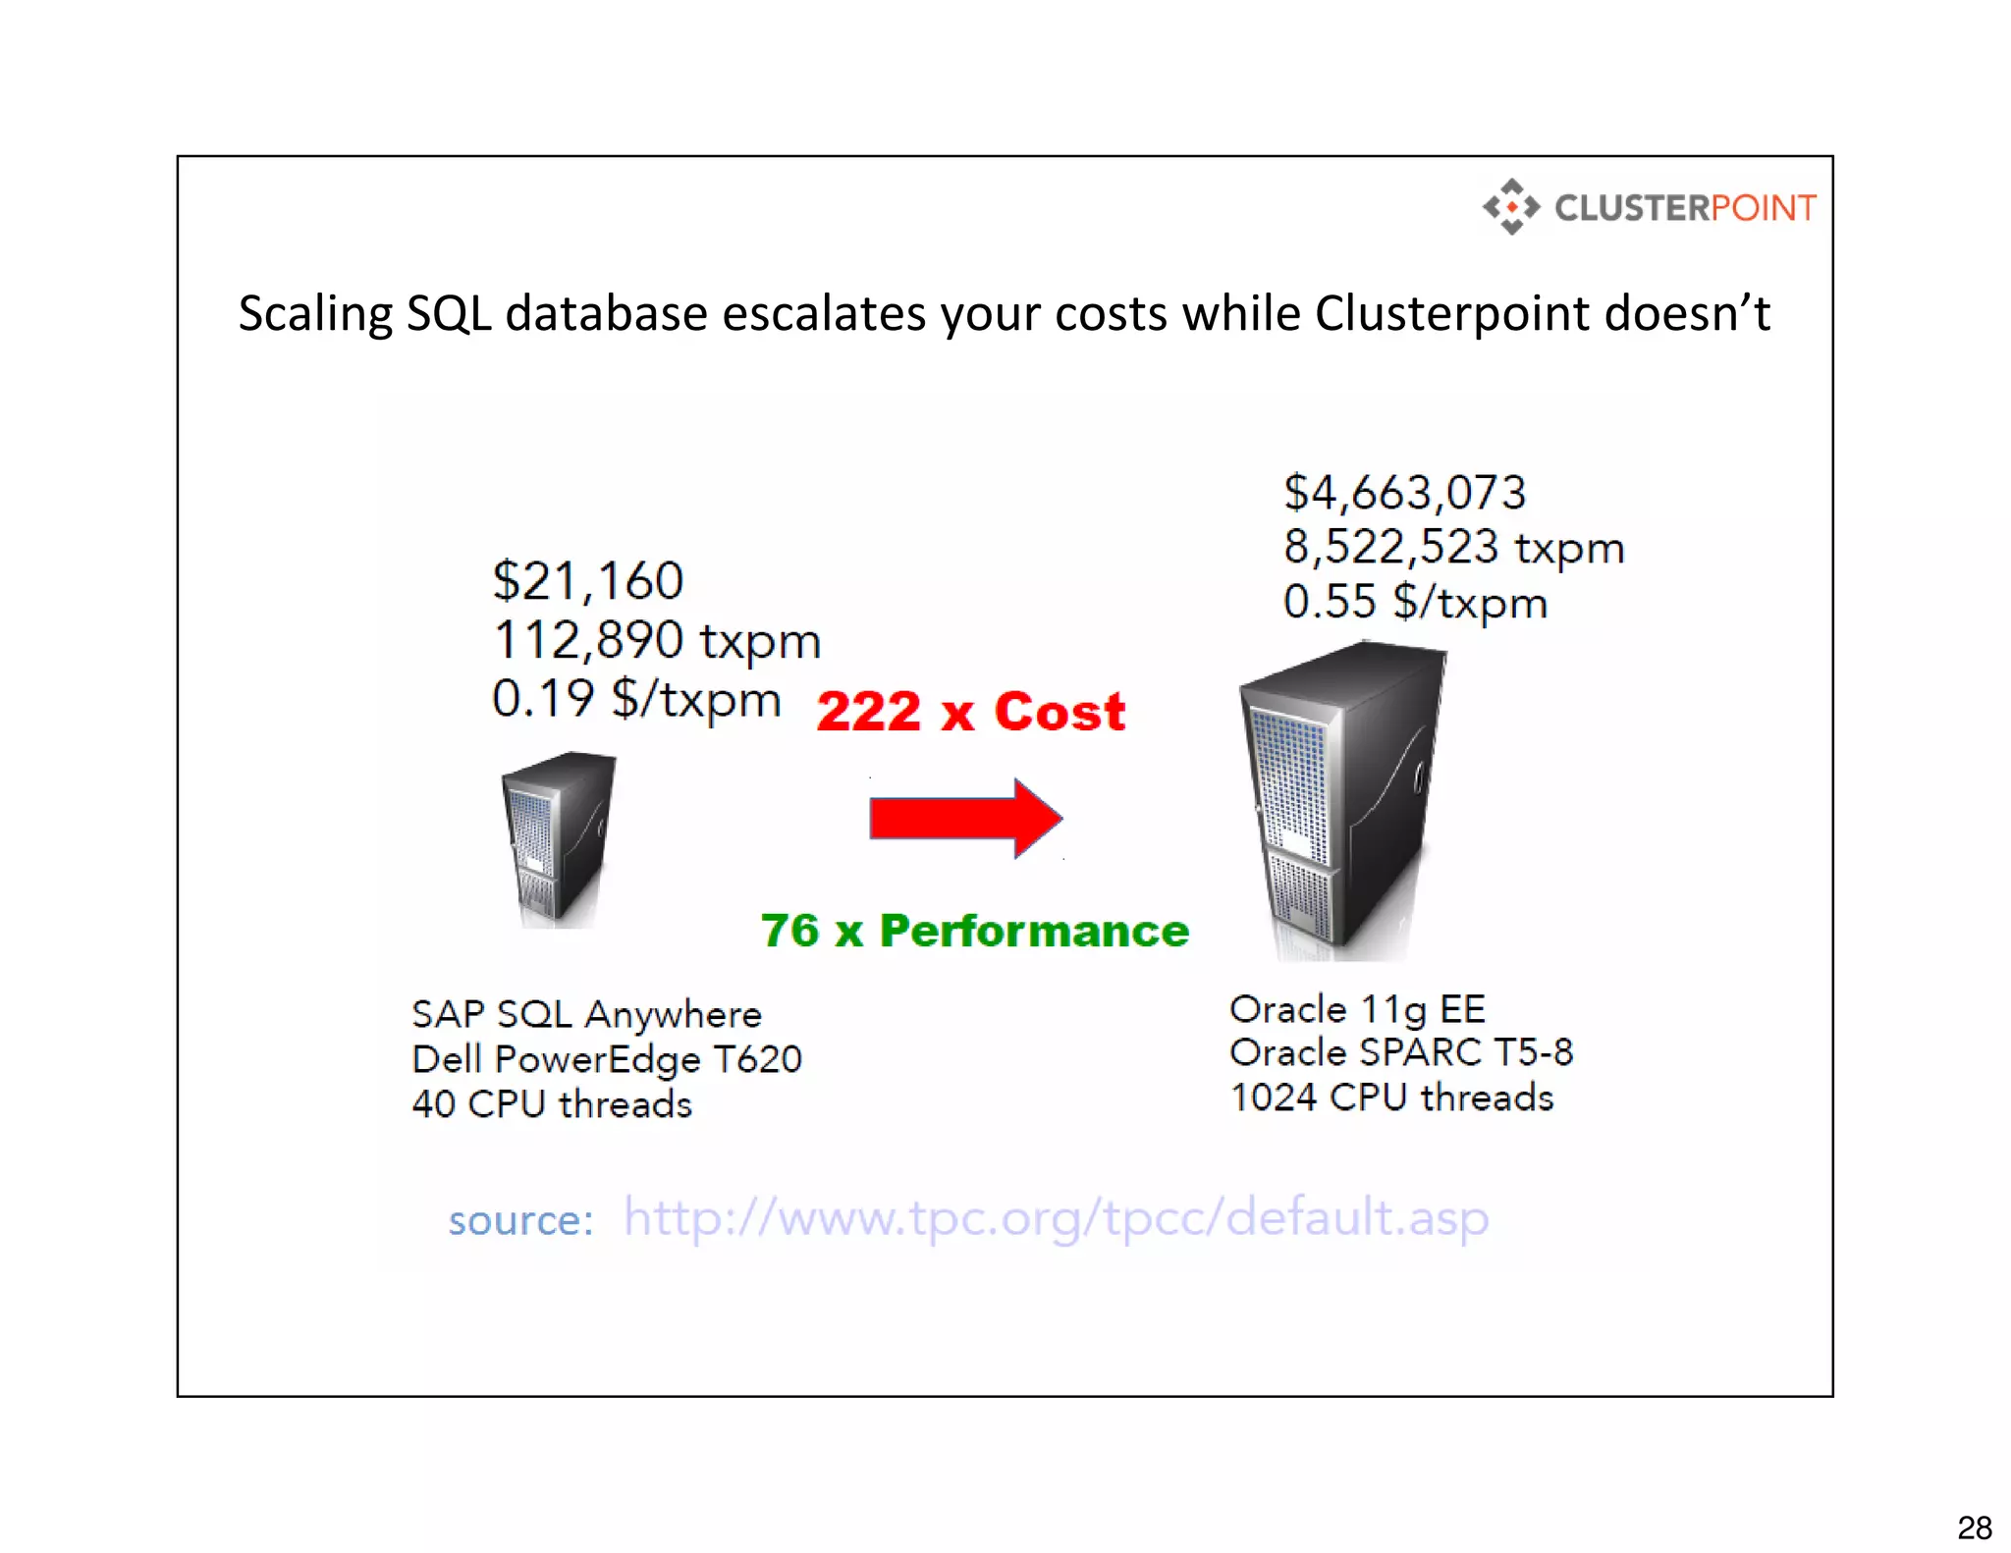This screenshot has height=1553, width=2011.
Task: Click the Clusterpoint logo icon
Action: point(1511,207)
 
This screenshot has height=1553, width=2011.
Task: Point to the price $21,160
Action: point(587,580)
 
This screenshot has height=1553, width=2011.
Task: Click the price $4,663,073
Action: point(1404,492)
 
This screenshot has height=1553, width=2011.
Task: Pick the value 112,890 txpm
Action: point(656,640)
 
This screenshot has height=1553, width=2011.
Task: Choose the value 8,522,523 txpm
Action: point(1453,547)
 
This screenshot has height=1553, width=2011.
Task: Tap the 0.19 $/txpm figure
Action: point(636,699)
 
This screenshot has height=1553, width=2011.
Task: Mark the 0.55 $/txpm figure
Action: point(1414,602)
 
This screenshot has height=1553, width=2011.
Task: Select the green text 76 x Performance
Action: point(974,931)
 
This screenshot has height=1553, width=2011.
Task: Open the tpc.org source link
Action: point(1056,1217)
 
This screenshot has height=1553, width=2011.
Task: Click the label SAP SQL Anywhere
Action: point(586,1014)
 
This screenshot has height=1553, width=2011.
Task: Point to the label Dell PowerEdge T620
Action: point(606,1059)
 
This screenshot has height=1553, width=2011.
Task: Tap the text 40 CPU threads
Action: point(552,1104)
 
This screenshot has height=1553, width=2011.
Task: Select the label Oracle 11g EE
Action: point(1357,1009)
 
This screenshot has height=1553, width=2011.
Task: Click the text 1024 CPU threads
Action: point(1391,1098)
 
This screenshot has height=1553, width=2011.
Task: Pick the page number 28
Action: point(1974,1527)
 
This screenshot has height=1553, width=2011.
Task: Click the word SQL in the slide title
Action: point(448,313)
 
